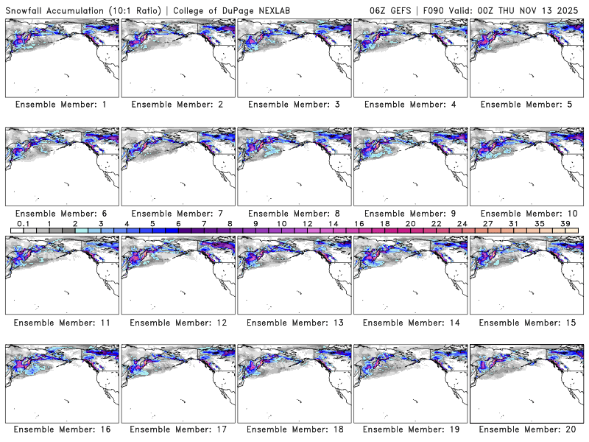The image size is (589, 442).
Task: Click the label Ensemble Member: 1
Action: (61, 105)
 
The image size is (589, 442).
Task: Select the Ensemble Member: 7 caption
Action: (177, 213)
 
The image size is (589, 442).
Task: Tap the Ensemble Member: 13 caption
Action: (294, 322)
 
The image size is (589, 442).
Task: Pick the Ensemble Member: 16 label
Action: (61, 429)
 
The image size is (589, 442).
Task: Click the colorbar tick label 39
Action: (564, 223)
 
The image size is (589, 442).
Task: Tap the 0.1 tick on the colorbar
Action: (23, 223)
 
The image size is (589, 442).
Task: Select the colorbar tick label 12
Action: (307, 223)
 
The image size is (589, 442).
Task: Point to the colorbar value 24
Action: (462, 223)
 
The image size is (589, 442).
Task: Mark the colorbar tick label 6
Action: (178, 223)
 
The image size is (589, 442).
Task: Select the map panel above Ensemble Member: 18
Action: (294, 382)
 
